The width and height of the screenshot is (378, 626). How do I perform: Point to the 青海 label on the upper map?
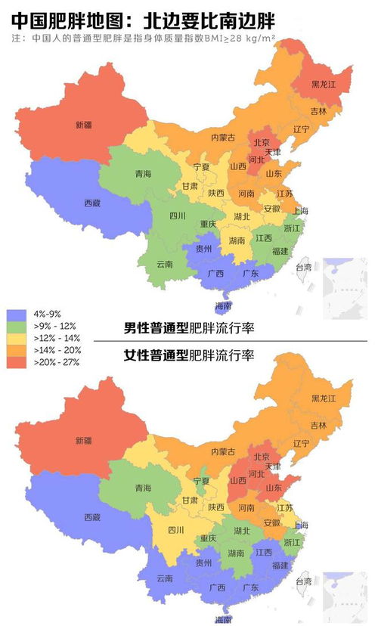tap(143, 173)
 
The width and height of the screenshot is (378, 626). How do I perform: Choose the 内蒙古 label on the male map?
tap(223, 137)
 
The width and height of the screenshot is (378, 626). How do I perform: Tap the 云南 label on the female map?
tap(164, 578)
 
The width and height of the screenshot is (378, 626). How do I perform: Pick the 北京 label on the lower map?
tap(261, 457)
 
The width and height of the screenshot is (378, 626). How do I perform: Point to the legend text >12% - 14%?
tap(57, 339)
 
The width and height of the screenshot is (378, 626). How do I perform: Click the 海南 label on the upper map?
tap(223, 305)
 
